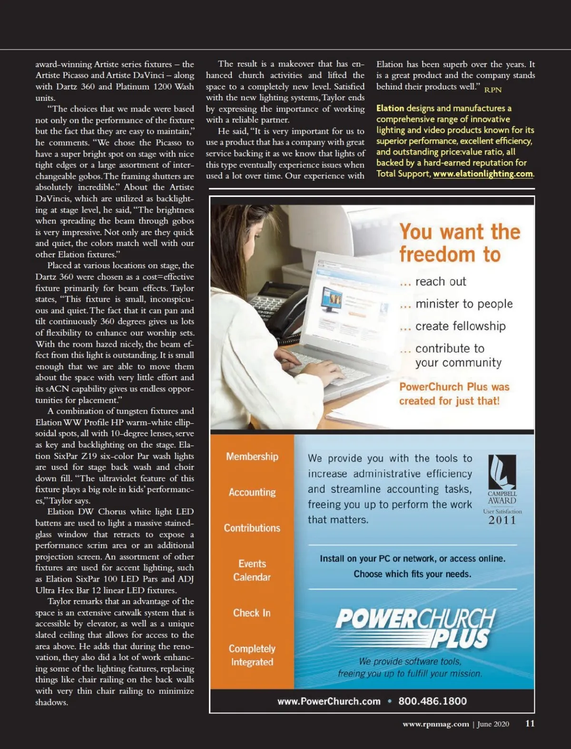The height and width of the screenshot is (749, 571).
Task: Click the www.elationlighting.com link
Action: pos(482,174)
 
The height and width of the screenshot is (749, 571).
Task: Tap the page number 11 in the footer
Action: pos(530,723)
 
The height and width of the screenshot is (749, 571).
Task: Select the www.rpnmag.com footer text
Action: pos(435,724)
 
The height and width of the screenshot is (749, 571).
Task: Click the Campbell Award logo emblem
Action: pos(502,472)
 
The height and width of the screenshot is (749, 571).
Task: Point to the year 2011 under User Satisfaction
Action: pos(502,520)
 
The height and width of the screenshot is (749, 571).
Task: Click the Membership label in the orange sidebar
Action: pos(252,457)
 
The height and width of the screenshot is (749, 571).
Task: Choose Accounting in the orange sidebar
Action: pos(252,492)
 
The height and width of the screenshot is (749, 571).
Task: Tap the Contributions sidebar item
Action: pos(252,528)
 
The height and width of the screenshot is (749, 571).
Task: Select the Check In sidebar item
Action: pos(252,613)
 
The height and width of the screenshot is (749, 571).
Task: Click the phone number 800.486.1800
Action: pos(433,701)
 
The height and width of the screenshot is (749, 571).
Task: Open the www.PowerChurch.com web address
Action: pos(329,701)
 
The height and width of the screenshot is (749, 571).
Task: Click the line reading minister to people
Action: pos(464,304)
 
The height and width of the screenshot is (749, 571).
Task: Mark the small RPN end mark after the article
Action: pos(493,90)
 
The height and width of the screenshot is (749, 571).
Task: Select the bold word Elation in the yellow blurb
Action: pos(390,108)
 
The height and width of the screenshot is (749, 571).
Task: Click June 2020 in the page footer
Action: pos(493,724)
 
